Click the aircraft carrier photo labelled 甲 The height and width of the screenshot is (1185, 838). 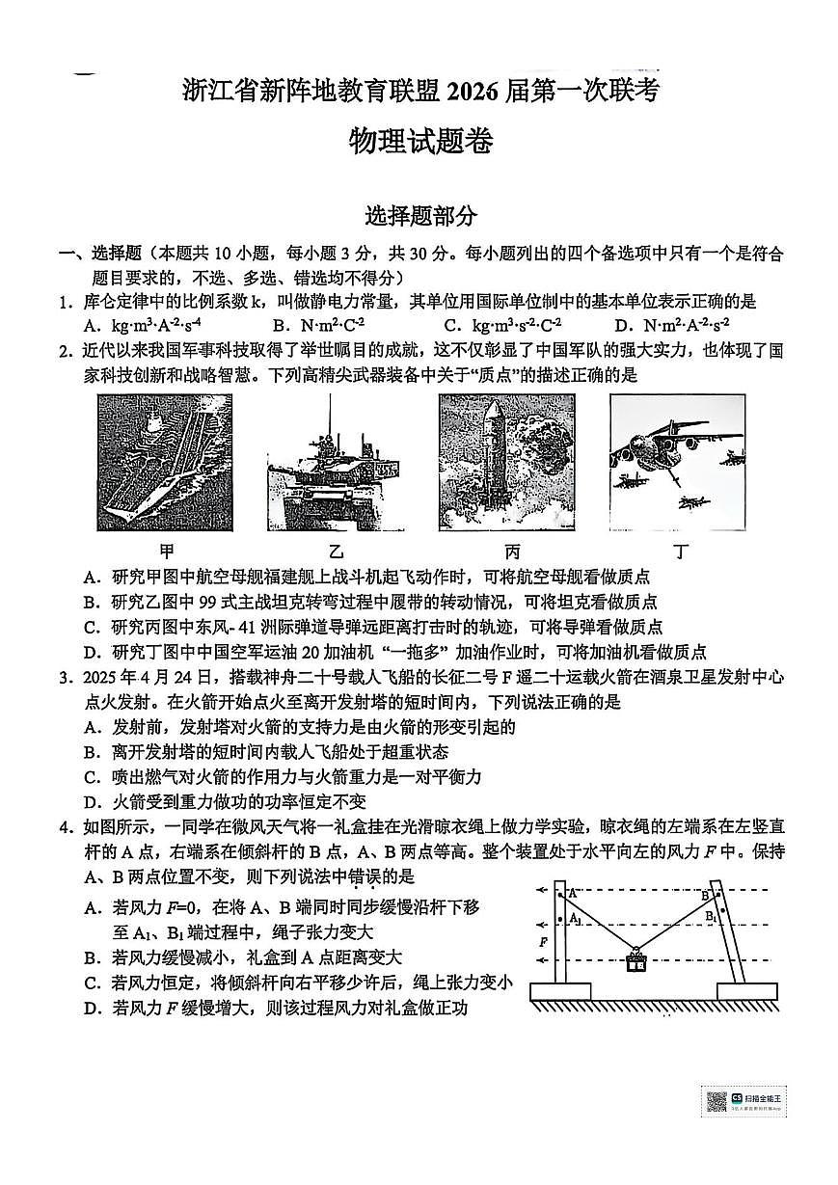pos(164,462)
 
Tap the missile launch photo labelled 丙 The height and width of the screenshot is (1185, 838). pos(506,462)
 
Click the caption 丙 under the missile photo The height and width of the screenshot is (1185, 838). pos(511,552)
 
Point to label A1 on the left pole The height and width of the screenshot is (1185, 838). pos(575,920)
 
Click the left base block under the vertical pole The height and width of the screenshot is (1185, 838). pos(559,990)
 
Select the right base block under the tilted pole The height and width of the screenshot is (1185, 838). pos(746,990)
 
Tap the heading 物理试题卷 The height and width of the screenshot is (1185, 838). pos(419,143)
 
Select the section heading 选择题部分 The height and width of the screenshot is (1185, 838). pos(419,216)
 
